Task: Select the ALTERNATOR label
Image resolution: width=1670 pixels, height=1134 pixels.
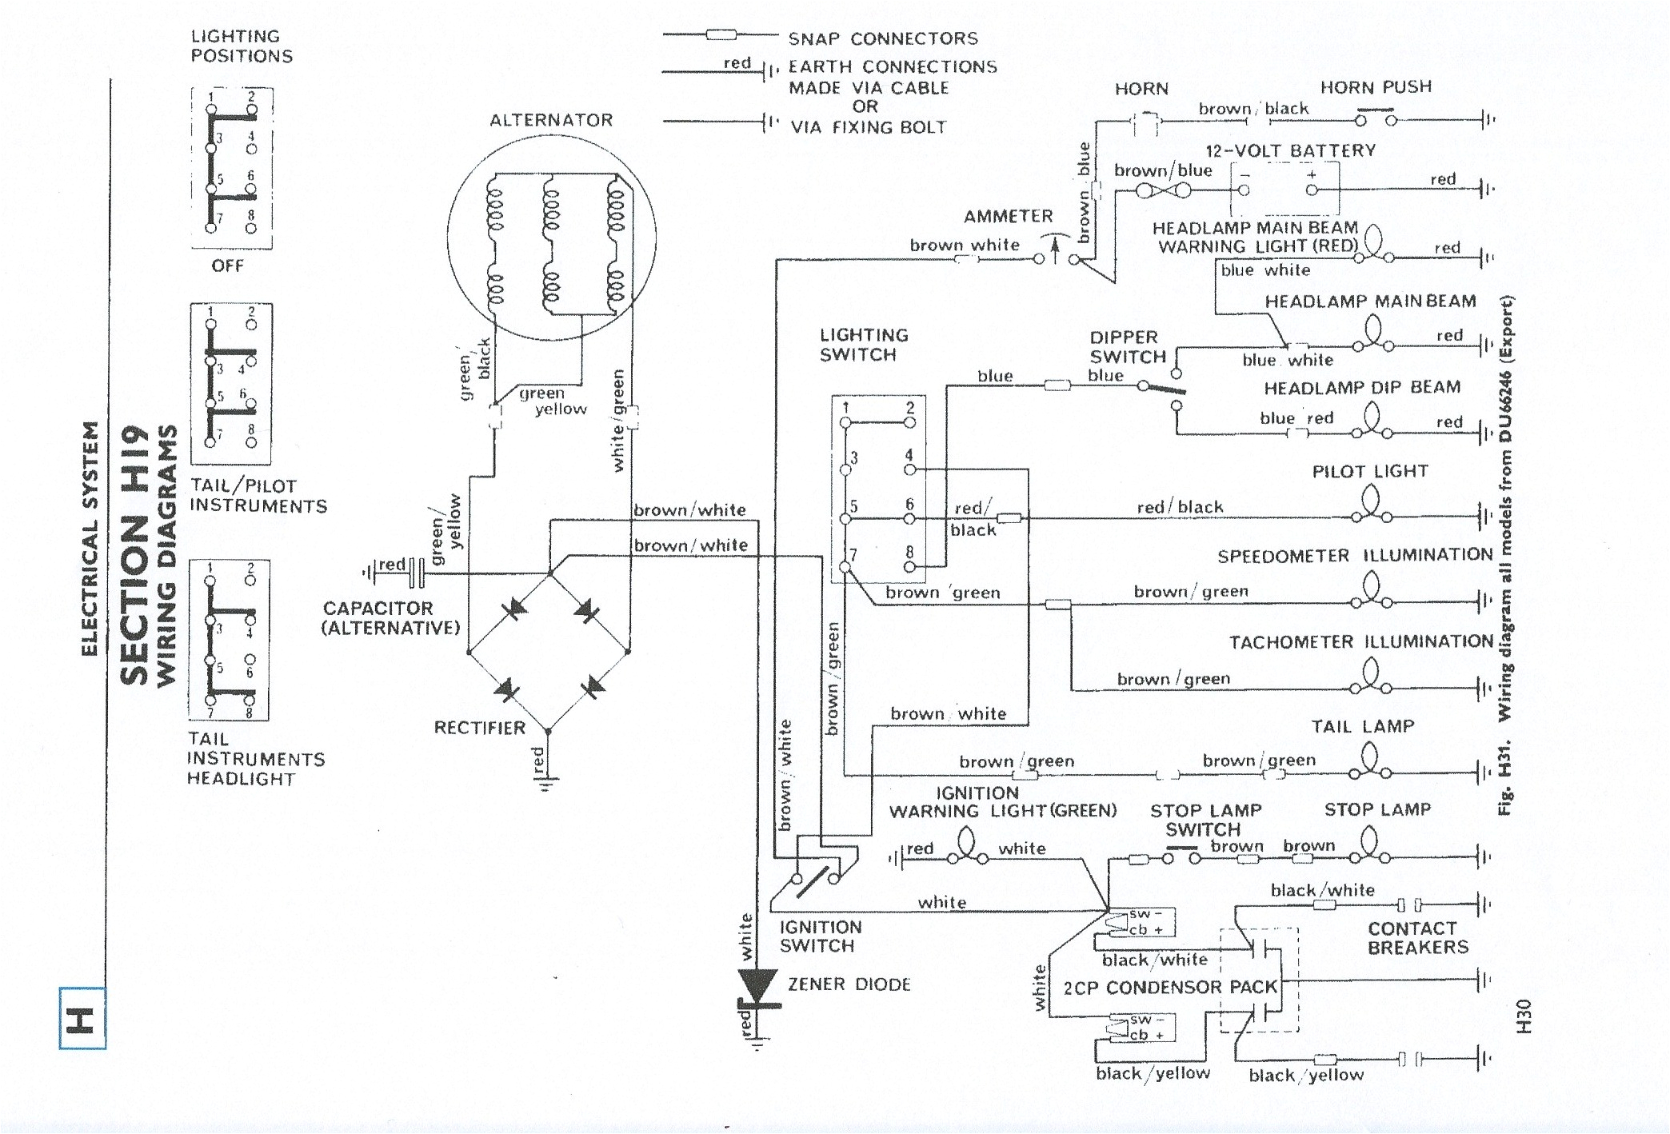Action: click(551, 120)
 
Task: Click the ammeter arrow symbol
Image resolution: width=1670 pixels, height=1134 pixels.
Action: click(1055, 250)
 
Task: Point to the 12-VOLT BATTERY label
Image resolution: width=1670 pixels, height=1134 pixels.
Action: click(1290, 150)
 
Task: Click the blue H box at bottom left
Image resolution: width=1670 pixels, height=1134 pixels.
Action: click(82, 1018)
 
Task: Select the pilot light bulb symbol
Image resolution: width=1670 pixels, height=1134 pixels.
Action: click(1371, 506)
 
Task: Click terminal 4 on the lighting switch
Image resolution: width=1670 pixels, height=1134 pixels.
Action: click(909, 469)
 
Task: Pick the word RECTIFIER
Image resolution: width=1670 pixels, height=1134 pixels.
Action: click(480, 728)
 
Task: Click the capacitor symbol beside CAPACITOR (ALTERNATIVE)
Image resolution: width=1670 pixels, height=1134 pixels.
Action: click(416, 572)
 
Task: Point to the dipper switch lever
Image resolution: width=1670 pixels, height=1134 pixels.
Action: click(1161, 389)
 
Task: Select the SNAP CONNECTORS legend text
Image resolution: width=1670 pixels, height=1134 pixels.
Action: click(883, 38)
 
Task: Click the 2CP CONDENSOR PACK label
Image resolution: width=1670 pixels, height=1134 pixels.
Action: click(1170, 988)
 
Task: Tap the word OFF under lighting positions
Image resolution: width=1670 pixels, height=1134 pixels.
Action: click(228, 266)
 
